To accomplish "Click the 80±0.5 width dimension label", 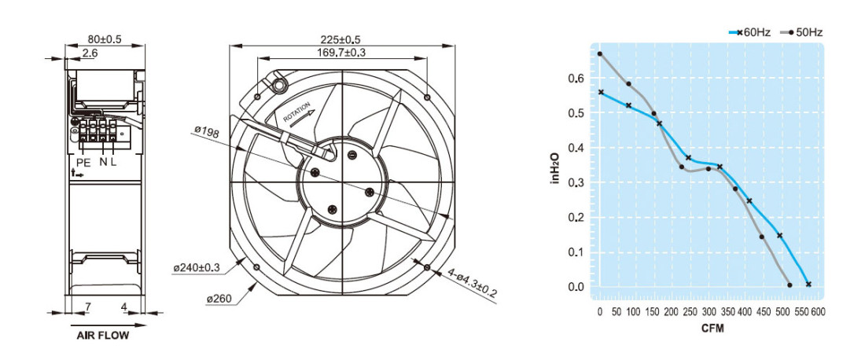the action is click(x=105, y=39).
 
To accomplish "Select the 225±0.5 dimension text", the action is click(x=340, y=39).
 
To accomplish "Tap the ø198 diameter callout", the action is click(x=207, y=132).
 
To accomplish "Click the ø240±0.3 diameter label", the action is click(x=197, y=268).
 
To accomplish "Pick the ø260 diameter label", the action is click(x=219, y=299).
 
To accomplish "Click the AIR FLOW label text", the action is click(x=102, y=336).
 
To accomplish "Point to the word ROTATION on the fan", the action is click(x=296, y=112).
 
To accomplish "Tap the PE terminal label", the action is click(x=83, y=162).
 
